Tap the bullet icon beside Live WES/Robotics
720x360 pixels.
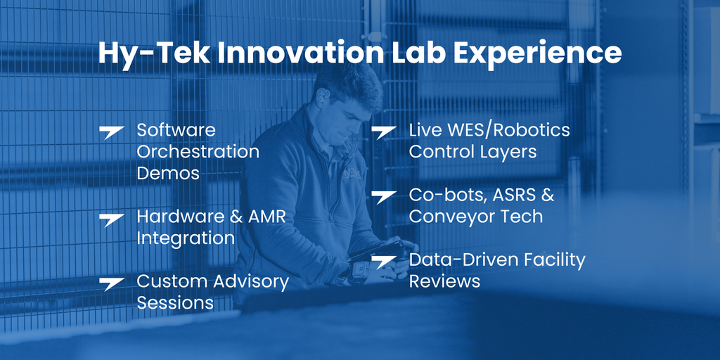[383, 133]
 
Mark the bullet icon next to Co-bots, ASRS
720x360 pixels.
[383, 198]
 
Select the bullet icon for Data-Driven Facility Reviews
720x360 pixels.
[383, 262]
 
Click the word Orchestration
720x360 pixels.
[198, 152]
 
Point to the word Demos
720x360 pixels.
[168, 173]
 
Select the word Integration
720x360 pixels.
[186, 239]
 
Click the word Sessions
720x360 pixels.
[175, 302]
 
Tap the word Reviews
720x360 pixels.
[444, 281]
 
